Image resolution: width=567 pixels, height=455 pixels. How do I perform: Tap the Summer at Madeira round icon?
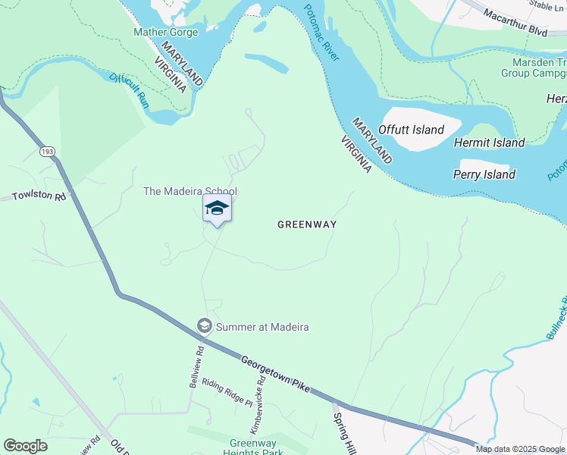[x=204, y=326]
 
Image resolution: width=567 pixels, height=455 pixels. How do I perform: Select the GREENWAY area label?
[x=306, y=224]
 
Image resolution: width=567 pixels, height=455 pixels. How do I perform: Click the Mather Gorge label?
[x=165, y=32]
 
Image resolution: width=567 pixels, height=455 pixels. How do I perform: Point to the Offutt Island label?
[x=411, y=130]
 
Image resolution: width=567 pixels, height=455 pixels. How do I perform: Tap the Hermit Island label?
[x=489, y=143]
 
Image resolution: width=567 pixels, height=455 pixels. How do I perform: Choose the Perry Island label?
[x=484, y=174]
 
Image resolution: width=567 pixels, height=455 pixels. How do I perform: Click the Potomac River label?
[x=321, y=33]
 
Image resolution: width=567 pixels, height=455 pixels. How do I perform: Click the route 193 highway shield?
[x=48, y=152]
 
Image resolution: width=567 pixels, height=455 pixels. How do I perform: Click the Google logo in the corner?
[x=25, y=446]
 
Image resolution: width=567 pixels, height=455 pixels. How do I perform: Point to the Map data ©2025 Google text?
[x=520, y=449]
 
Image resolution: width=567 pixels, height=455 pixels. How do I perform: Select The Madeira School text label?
[x=190, y=191]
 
